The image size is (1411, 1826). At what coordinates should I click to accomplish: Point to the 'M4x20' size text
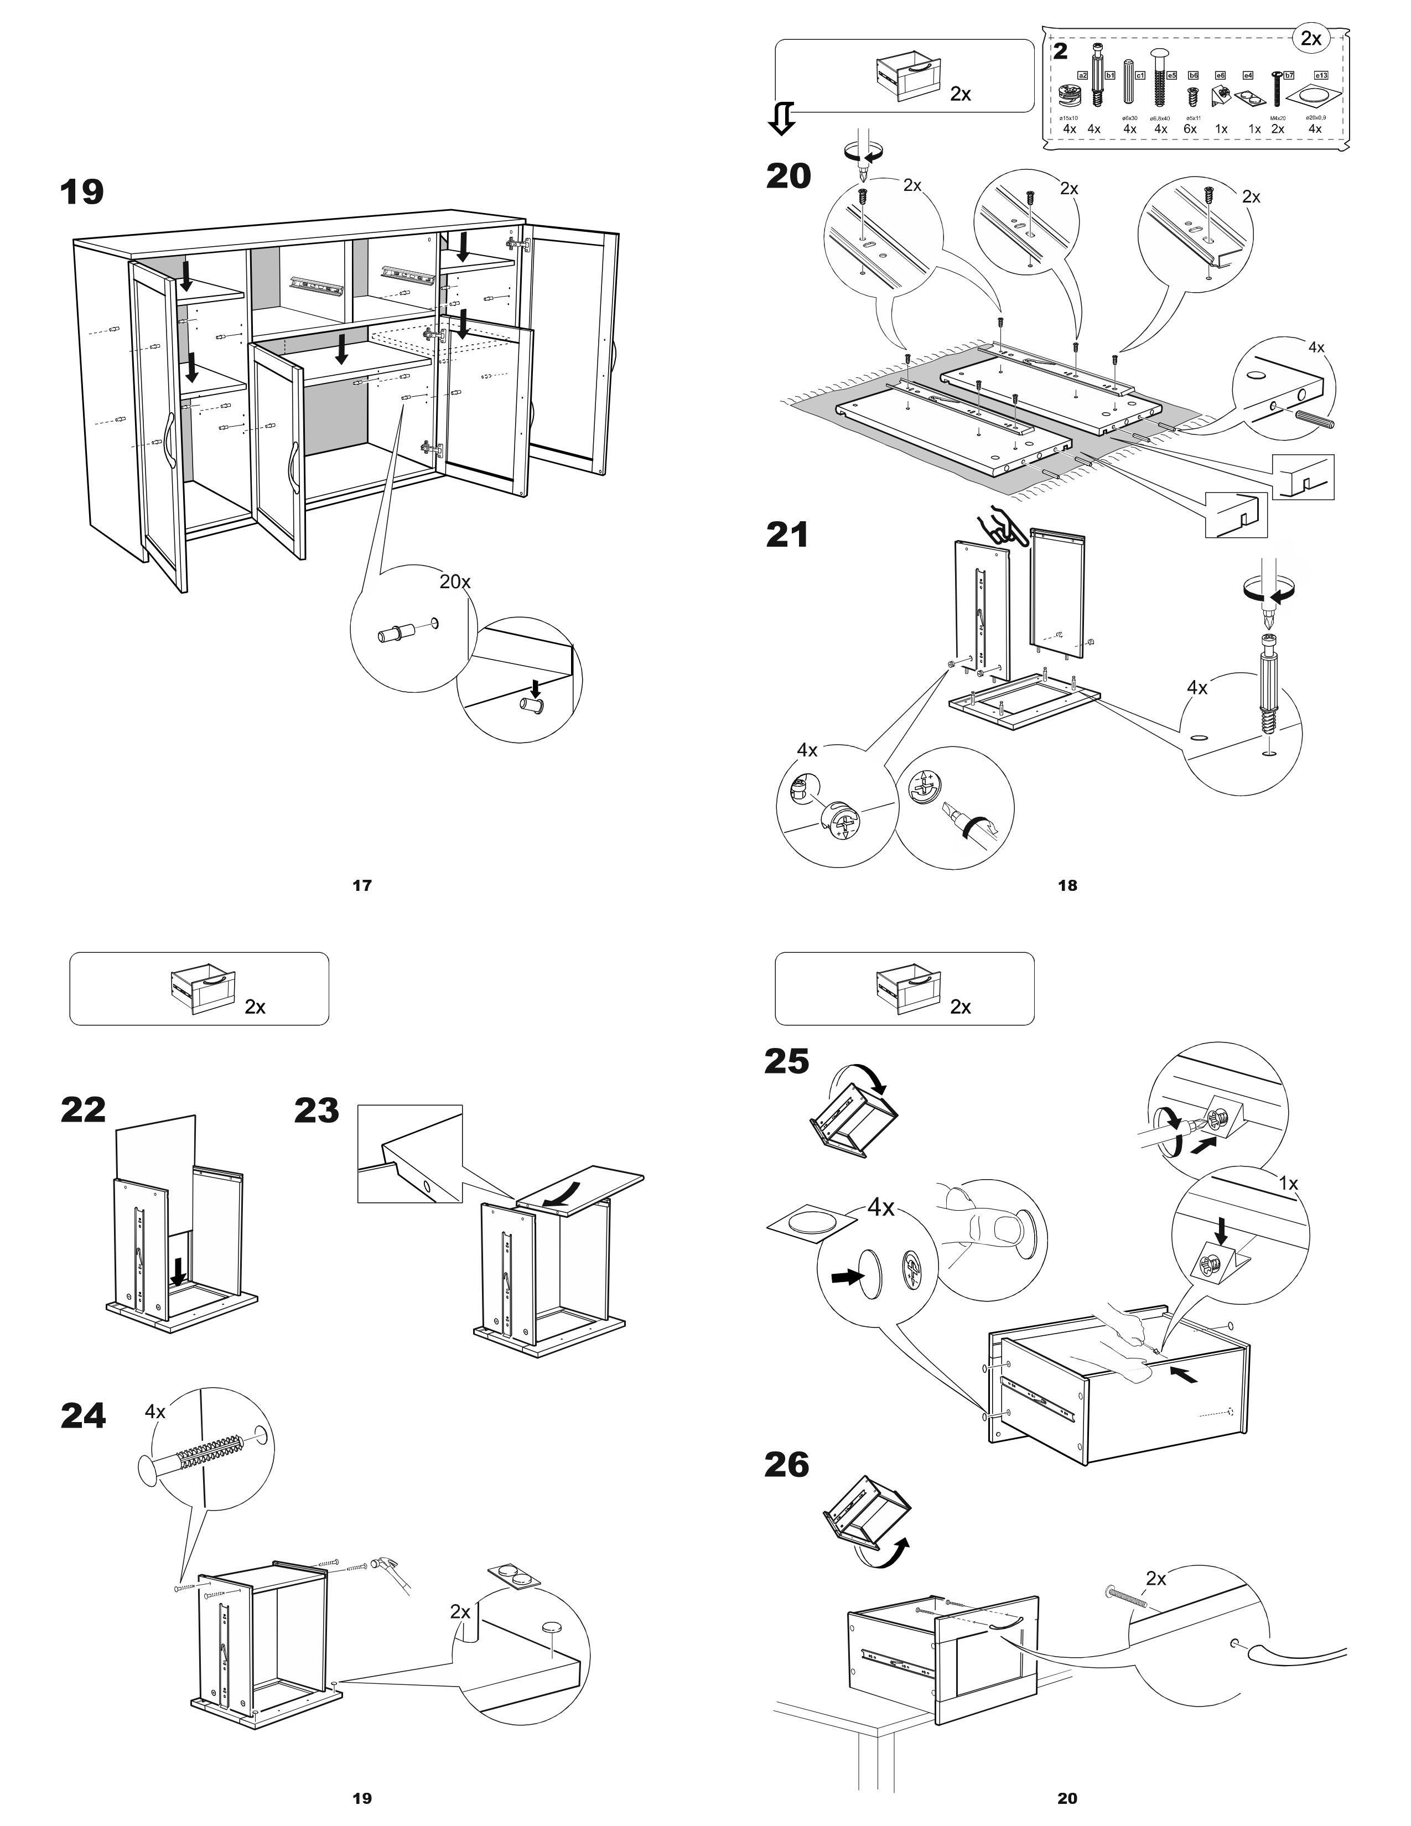1277,118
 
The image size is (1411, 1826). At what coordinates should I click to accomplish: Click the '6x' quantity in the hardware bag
1190,129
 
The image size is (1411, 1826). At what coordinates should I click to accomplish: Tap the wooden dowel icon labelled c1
1130,83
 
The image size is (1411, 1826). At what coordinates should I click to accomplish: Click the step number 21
787,535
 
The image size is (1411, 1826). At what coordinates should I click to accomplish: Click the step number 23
316,1111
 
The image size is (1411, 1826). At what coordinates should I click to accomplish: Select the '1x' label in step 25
1288,1184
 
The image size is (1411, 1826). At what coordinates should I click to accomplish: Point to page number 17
362,885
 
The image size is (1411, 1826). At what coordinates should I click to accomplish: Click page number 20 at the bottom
1067,1798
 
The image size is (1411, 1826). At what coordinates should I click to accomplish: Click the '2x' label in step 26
1156,1579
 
